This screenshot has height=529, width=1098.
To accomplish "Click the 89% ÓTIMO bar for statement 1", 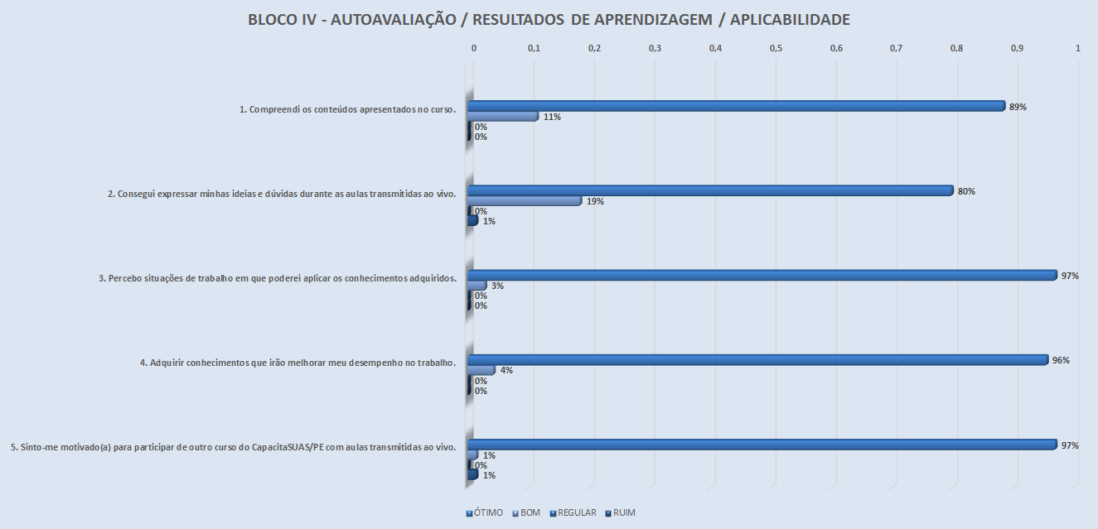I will pos(736,106).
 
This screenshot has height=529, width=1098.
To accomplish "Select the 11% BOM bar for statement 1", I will pos(503,117).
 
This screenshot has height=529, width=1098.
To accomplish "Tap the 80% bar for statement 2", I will pos(710,190).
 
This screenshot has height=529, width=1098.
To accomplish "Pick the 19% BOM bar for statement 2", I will pos(525,201).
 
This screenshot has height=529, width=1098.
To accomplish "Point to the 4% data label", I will pos(506,370).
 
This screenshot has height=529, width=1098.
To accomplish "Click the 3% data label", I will pos(497,286).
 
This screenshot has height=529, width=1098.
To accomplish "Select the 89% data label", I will pos(1018,107).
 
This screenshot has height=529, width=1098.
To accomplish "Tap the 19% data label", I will pos(594,201).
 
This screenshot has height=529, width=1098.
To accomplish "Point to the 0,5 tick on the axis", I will pos(776,49).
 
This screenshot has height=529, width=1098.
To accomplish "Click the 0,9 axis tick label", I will pos(1017,49).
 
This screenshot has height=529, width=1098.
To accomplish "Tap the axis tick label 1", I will pos(1077,49).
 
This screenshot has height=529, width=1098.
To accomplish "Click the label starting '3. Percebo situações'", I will pos(278,278).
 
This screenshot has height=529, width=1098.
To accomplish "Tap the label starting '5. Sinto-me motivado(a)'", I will pos(234,447).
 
